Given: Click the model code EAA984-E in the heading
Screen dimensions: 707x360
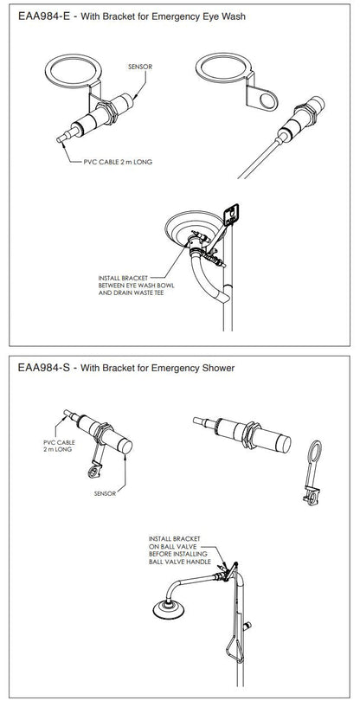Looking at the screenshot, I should pos(42,15).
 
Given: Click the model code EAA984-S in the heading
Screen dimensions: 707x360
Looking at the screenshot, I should pos(42,368).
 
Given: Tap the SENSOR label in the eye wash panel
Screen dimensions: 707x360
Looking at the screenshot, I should pos(139,66).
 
